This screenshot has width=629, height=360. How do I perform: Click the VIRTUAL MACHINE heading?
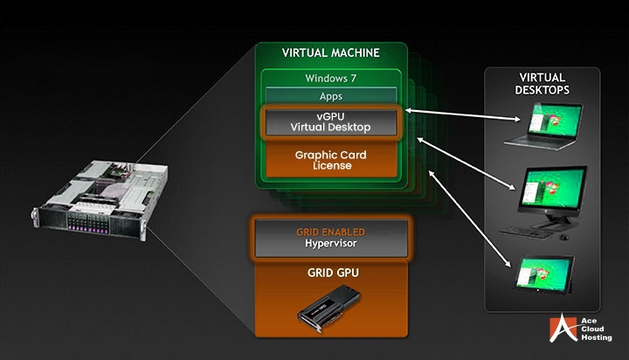pos(330,52)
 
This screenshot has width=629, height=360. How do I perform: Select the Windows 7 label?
pos(331,79)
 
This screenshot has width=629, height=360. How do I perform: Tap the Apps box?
pos(331,96)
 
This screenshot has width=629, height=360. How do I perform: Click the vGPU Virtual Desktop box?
pos(331,122)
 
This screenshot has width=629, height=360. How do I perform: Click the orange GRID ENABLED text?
pos(330,232)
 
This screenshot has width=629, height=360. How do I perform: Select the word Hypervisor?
pos(330,244)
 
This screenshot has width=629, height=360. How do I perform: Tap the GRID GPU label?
pos(331,273)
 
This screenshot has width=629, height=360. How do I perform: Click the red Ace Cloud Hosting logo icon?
pos(560,329)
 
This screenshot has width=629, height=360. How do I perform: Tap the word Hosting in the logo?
pos(594,338)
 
